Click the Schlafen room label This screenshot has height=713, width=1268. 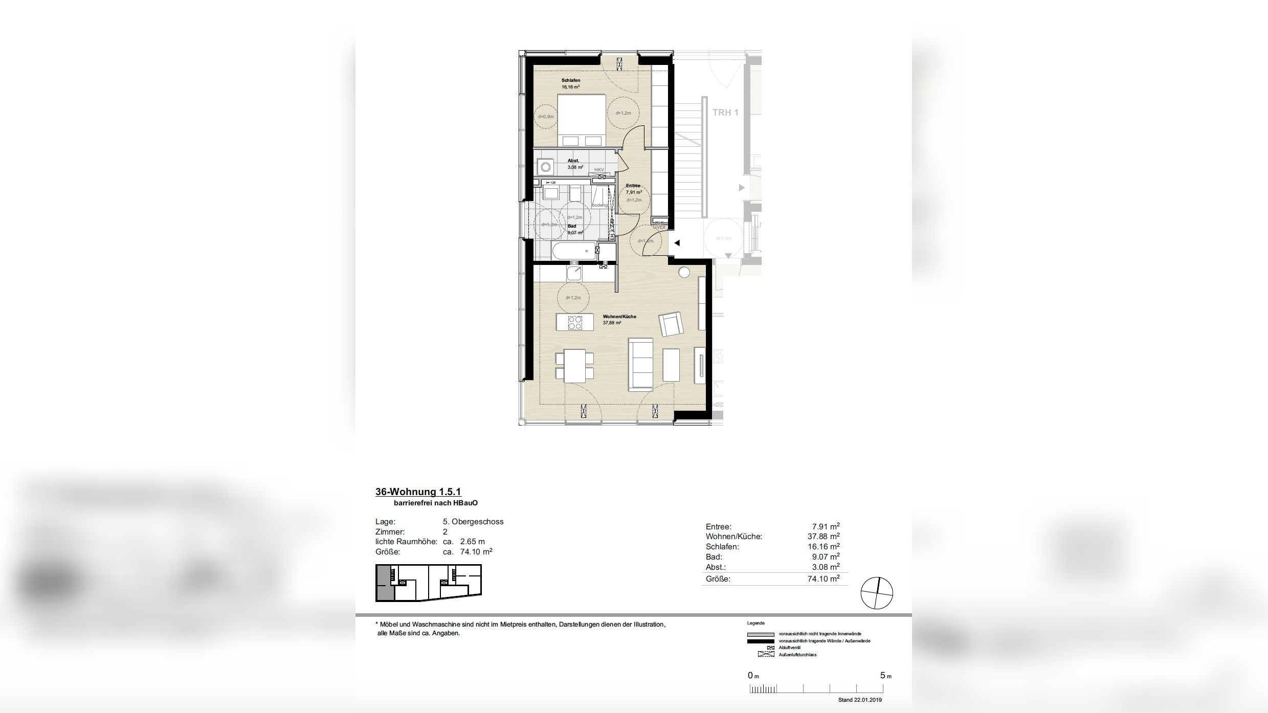point(570,80)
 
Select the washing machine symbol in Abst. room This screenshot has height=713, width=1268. point(546,167)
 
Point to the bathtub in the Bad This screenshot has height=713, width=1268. point(574,251)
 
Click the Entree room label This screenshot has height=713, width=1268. point(633,186)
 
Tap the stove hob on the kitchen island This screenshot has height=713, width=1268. point(575,322)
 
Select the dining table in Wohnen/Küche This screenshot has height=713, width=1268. point(574,366)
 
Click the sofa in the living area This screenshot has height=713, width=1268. point(640,364)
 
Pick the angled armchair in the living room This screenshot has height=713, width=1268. point(671,324)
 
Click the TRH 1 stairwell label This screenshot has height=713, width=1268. point(725,113)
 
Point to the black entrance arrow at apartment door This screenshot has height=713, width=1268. point(677,243)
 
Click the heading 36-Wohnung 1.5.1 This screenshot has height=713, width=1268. point(418,492)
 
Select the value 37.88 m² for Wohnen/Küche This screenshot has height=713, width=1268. point(823,537)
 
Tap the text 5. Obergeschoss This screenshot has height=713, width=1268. point(473,522)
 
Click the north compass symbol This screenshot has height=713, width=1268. point(877,593)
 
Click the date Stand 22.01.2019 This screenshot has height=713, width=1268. point(859,700)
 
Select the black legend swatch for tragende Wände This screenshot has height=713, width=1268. point(760,641)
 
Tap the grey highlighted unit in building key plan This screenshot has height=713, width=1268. point(385,583)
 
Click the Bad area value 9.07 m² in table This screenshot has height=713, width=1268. point(825,557)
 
